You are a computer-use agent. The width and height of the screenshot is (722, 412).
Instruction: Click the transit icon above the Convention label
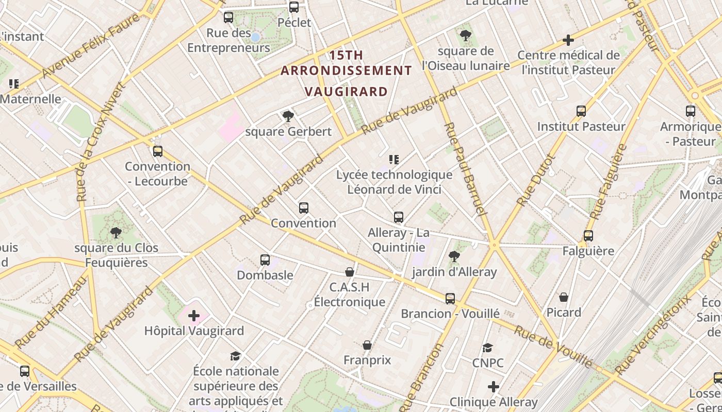(304, 208)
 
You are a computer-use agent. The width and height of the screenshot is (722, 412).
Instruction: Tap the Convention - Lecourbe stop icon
(158, 151)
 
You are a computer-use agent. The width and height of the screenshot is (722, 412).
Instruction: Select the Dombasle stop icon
(265, 260)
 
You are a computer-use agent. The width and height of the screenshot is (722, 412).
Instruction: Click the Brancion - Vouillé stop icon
(450, 299)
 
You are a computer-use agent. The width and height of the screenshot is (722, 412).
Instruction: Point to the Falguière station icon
(588, 236)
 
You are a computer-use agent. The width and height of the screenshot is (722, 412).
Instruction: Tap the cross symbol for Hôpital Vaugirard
(194, 315)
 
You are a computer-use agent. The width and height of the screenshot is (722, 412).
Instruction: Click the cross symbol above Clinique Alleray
(494, 386)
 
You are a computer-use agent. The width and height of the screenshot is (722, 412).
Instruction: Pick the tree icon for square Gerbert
(288, 116)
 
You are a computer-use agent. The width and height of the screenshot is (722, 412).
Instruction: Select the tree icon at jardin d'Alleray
(454, 256)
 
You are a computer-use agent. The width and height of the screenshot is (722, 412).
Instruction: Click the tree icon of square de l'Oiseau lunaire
(466, 36)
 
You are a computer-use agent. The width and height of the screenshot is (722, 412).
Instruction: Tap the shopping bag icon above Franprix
(367, 345)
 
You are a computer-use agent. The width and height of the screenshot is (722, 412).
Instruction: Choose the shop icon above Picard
(564, 297)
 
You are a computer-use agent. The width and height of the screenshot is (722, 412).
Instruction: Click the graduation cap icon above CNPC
(487, 348)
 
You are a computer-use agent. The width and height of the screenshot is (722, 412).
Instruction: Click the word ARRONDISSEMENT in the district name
(346, 71)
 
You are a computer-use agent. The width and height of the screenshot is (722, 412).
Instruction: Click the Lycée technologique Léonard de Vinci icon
(394, 160)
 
